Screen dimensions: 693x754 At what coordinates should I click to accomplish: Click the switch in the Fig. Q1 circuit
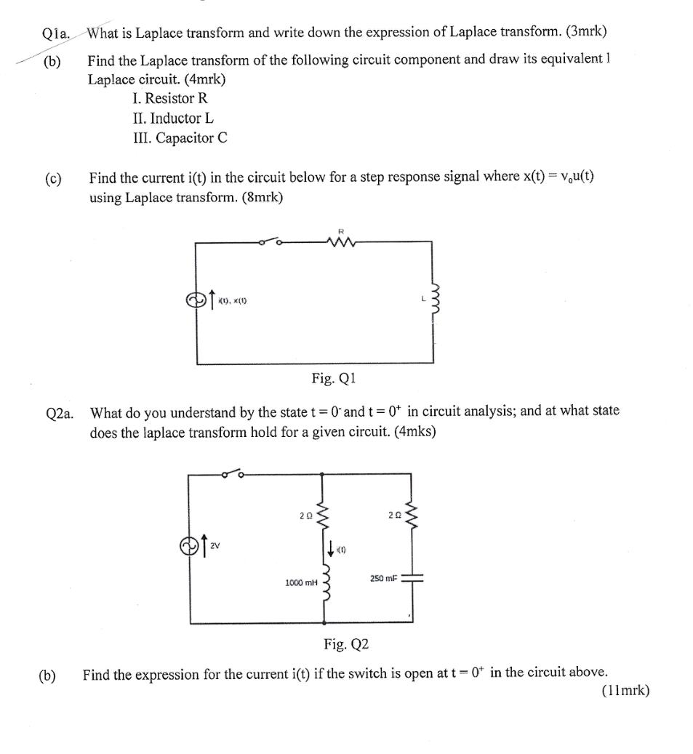pos(270,242)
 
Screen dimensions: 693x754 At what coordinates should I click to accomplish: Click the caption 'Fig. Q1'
pos(335,379)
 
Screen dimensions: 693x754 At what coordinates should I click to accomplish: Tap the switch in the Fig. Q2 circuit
pos(233,475)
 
